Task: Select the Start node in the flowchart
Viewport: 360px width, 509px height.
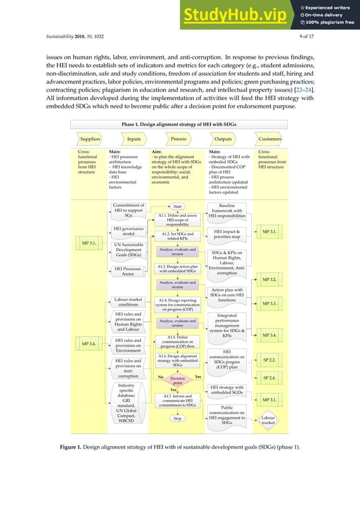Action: (x=177, y=207)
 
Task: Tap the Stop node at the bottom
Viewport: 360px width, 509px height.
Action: (x=177, y=418)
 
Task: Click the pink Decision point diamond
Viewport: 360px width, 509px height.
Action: (x=177, y=380)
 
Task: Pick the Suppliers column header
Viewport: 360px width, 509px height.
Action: (x=90, y=138)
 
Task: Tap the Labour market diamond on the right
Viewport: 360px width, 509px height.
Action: (x=268, y=420)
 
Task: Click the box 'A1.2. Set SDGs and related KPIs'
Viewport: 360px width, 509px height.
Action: (x=177, y=236)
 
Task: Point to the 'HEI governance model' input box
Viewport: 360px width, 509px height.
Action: (x=128, y=232)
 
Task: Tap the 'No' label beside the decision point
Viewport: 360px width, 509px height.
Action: (x=160, y=376)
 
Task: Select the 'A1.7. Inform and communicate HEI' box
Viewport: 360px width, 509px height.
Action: (x=177, y=400)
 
